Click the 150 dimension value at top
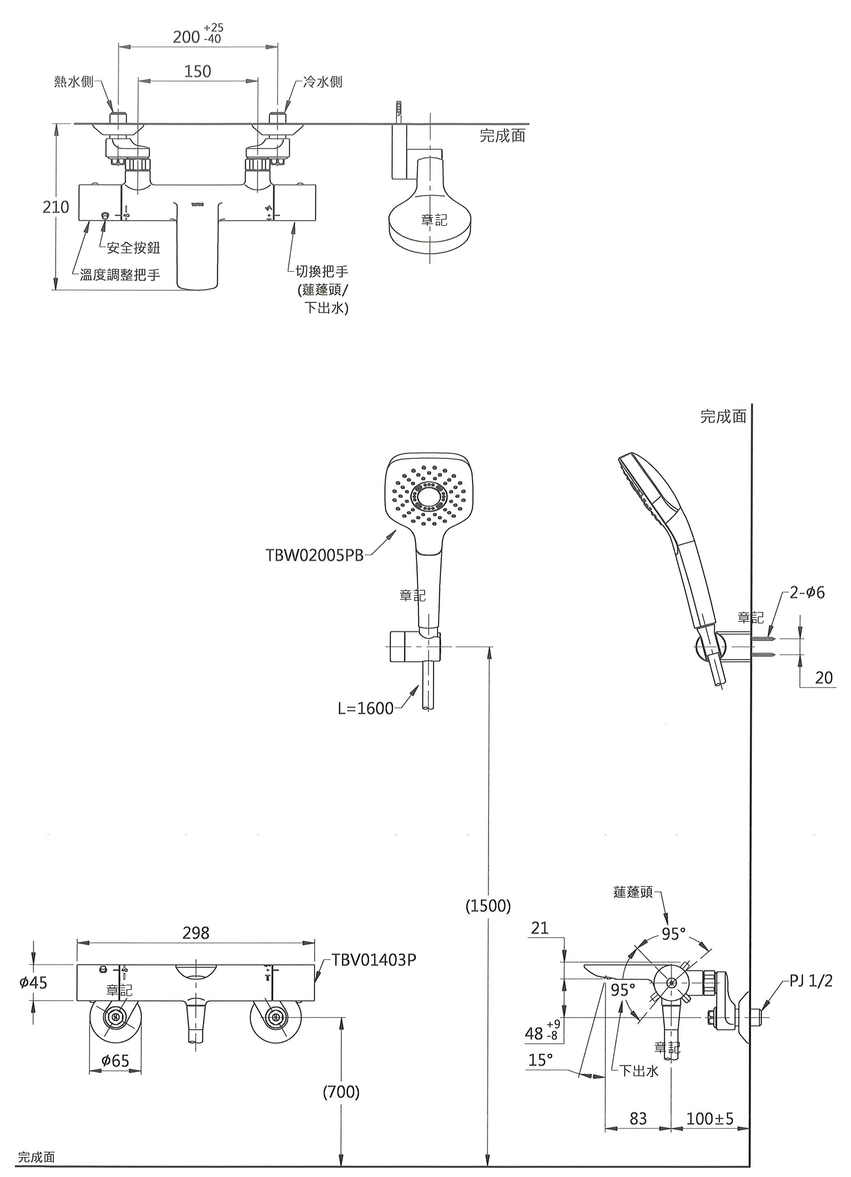click(x=197, y=71)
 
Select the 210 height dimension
click(x=56, y=207)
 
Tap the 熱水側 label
click(x=74, y=82)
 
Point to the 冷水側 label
click(x=323, y=82)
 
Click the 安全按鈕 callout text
click(x=133, y=247)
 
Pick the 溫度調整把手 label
click(x=120, y=275)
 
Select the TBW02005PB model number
click(x=314, y=555)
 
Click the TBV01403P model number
click(x=374, y=960)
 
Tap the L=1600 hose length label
click(x=365, y=708)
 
